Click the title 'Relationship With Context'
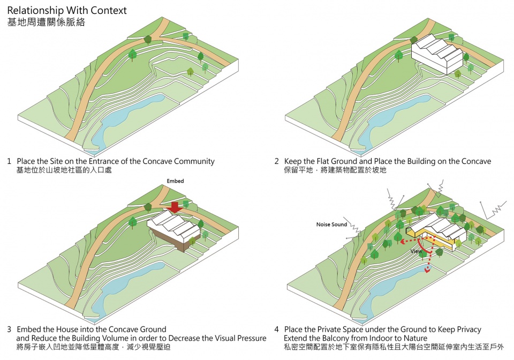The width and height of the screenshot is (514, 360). pos(67,10)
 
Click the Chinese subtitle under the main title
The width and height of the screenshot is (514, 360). pos(46,23)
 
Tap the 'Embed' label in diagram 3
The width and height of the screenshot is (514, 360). pos(175,182)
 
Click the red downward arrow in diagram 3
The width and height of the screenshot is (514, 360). pos(173,207)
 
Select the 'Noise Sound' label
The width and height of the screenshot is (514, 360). pos(332,224)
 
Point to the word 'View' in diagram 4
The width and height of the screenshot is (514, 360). pos(417,250)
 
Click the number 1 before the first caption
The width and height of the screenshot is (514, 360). pos(9,161)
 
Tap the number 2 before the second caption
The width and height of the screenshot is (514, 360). pos(276,161)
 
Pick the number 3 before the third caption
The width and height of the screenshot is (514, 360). pos(9,329)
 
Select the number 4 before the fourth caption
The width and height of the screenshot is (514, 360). pos(276,329)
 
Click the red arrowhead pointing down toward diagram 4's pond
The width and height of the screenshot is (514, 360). pos(427,271)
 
